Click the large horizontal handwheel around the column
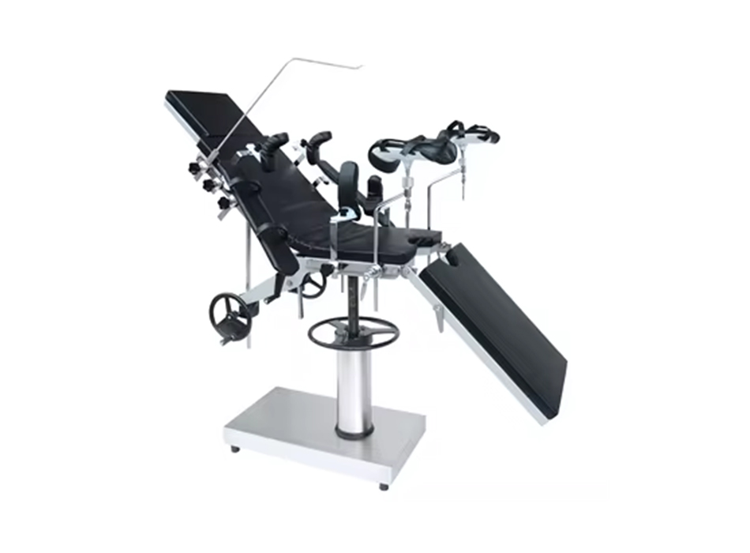point(352,332)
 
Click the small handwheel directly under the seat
point(313,283)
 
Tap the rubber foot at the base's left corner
point(235,449)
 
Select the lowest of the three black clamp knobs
point(223,203)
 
